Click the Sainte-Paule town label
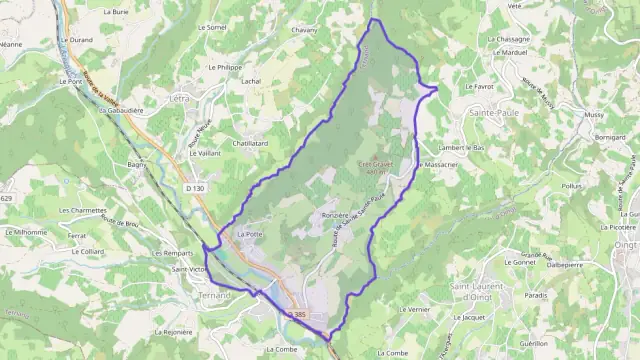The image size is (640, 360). (x=493, y=114)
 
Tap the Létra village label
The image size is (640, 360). (x=180, y=99)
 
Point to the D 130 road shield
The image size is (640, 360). (x=194, y=188)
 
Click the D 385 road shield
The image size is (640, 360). (x=297, y=315)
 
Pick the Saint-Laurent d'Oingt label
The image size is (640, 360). (x=480, y=292)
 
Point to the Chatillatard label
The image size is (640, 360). (x=250, y=143)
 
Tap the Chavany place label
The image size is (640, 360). (x=304, y=30)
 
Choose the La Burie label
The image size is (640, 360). (x=115, y=11)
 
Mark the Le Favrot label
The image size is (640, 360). (x=480, y=87)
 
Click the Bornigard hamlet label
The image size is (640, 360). (x=609, y=135)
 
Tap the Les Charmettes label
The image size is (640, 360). (x=83, y=210)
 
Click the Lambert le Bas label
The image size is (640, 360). (x=461, y=147)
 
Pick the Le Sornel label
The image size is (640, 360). (x=212, y=27)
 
